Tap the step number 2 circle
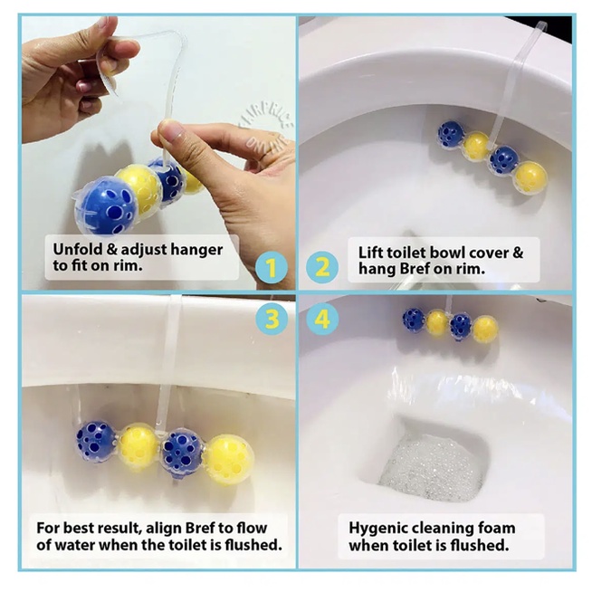click(x=322, y=268)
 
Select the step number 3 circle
click(x=272, y=319)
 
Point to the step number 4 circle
click(x=322, y=319)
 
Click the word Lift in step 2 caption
click(x=368, y=253)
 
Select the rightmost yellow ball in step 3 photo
click(x=230, y=458)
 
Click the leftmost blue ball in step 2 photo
click(x=450, y=133)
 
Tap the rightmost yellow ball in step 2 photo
click(x=530, y=177)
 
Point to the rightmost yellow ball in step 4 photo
click(x=485, y=329)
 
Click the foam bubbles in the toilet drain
click(x=430, y=466)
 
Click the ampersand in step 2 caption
click(x=517, y=253)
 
